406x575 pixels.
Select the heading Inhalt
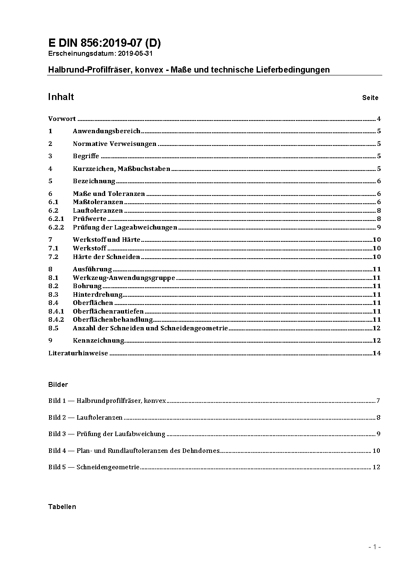pyautogui.click(x=61, y=97)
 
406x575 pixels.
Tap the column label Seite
pyautogui.click(x=370, y=98)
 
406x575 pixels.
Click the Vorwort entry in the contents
pyautogui.click(x=62, y=119)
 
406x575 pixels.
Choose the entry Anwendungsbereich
pyautogui.click(x=106, y=131)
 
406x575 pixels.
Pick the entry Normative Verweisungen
pyautogui.click(x=115, y=144)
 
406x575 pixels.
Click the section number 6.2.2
pyautogui.click(x=56, y=227)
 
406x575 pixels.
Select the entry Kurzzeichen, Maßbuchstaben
pyautogui.click(x=122, y=169)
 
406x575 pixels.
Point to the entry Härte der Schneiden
pyautogui.click(x=106, y=257)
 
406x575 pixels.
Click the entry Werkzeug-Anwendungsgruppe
pyautogui.click(x=124, y=278)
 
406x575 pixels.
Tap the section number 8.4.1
pyautogui.click(x=56, y=311)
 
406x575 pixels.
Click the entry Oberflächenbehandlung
pyautogui.click(x=113, y=320)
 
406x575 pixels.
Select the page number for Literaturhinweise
pyautogui.click(x=377, y=353)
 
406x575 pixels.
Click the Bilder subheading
pyautogui.click(x=58, y=384)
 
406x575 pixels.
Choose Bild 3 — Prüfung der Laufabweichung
pyautogui.click(x=107, y=434)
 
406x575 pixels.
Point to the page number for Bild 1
pyautogui.click(x=379, y=401)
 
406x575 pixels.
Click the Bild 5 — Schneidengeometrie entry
pyautogui.click(x=94, y=467)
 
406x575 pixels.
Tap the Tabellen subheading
pyautogui.click(x=62, y=507)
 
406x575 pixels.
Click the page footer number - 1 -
pyautogui.click(x=374, y=547)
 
